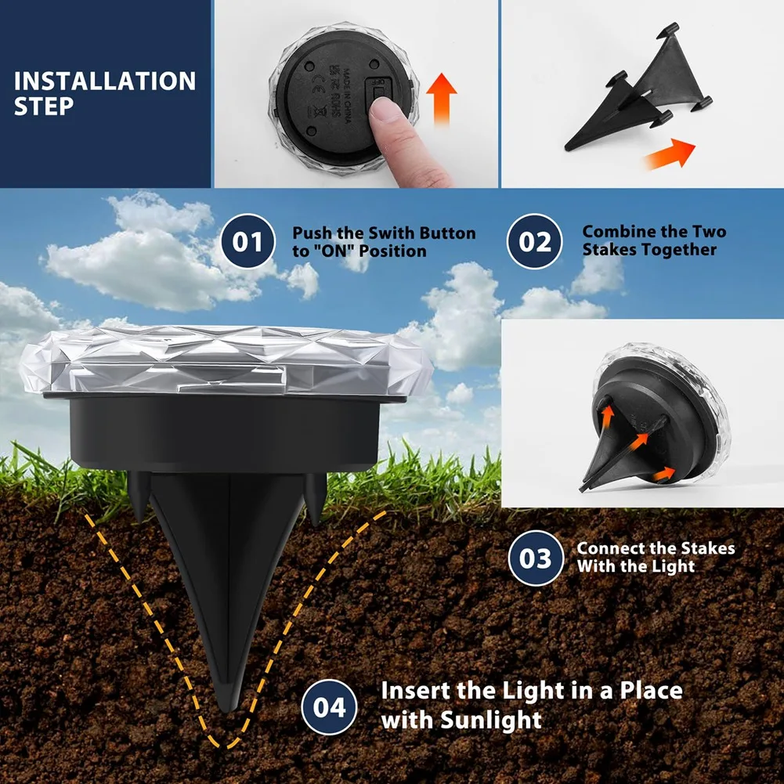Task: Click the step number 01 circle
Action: pyautogui.click(x=247, y=242)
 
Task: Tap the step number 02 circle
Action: pyautogui.click(x=536, y=241)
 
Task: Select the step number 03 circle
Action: pyautogui.click(x=536, y=558)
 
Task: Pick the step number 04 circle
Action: pyautogui.click(x=330, y=707)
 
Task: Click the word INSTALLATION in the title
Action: pyautogui.click(x=105, y=81)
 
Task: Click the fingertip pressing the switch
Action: pyautogui.click(x=388, y=116)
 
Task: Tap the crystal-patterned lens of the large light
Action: pyautogui.click(x=227, y=361)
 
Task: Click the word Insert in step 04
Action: pyautogui.click(x=415, y=691)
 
